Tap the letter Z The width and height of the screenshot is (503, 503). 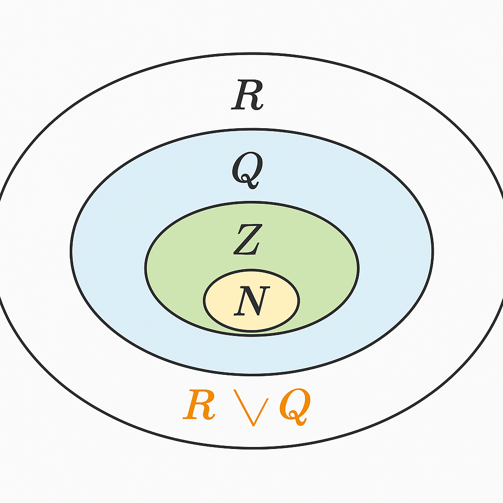[247, 239]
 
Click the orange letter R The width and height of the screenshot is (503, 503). [199, 406]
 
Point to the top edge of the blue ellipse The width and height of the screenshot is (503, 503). [251, 130]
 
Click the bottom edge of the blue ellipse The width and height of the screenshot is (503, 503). [251, 374]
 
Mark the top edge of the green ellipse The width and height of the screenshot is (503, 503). [251, 201]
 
